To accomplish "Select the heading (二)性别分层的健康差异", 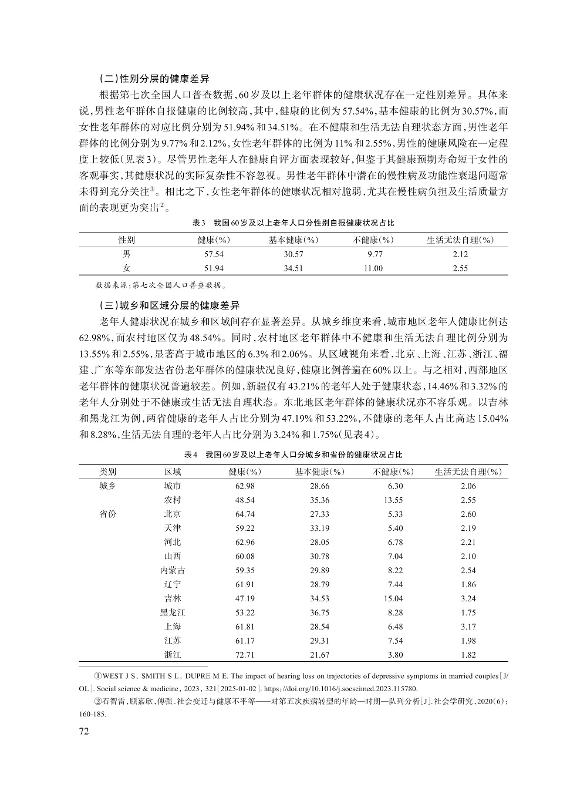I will (x=154, y=78).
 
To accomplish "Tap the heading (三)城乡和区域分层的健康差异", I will (x=170, y=305).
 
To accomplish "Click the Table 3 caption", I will (x=293, y=223).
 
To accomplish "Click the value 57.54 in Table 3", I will (x=214, y=254).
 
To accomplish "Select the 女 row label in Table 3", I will (x=126, y=268).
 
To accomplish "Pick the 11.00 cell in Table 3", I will (x=373, y=268).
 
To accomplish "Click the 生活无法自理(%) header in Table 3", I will (x=460, y=240).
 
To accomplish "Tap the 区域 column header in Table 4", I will (x=173, y=472).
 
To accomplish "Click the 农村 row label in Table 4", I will (x=173, y=500).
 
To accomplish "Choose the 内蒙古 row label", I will (x=173, y=571).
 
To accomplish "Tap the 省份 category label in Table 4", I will (x=107, y=514).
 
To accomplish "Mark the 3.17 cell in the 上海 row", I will (x=468, y=627).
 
